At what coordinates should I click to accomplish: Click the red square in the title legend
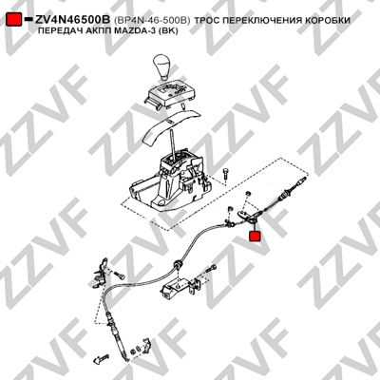[x=14, y=20]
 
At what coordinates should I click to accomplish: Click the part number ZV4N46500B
[x=72, y=20]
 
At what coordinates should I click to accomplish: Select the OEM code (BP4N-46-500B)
[x=152, y=20]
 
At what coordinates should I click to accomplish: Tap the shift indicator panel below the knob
[x=170, y=95]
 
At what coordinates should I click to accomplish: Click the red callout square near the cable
[x=255, y=237]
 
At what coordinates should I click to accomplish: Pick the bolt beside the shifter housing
[x=225, y=175]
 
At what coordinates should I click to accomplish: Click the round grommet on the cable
[x=178, y=264]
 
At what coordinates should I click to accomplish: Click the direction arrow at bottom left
[x=101, y=358]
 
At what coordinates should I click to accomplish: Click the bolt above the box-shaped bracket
[x=211, y=268]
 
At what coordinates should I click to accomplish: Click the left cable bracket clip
[x=102, y=272]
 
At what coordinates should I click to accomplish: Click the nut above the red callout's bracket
[x=248, y=193]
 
